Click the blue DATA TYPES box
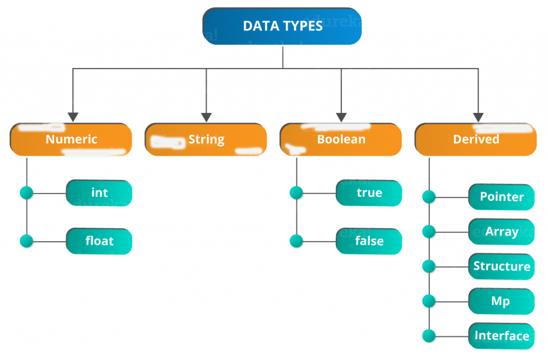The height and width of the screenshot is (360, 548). [x=282, y=26]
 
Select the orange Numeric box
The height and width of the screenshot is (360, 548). [x=71, y=139]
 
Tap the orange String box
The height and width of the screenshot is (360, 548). [x=206, y=139]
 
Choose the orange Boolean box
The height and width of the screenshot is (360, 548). [x=341, y=139]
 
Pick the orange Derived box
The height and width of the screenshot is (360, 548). [x=476, y=139]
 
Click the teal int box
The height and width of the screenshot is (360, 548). [x=99, y=193]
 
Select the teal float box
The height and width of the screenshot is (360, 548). [x=99, y=241]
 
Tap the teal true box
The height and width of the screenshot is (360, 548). [x=369, y=193]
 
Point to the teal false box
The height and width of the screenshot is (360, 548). [x=369, y=241]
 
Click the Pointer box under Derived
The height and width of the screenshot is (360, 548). [x=501, y=197]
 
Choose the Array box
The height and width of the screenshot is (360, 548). [x=501, y=232]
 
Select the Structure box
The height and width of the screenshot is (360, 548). [x=501, y=266]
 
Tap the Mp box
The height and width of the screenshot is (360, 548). [x=501, y=301]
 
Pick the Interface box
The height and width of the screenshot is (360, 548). [x=501, y=336]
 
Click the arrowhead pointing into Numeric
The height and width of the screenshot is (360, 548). [x=73, y=117]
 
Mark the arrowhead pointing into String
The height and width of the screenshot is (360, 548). [x=207, y=117]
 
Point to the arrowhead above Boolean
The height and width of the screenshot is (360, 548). [x=341, y=117]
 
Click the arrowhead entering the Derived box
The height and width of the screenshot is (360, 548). [x=478, y=117]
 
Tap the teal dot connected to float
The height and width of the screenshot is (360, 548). [x=27, y=241]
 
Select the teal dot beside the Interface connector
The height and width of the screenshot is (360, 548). [x=429, y=336]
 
